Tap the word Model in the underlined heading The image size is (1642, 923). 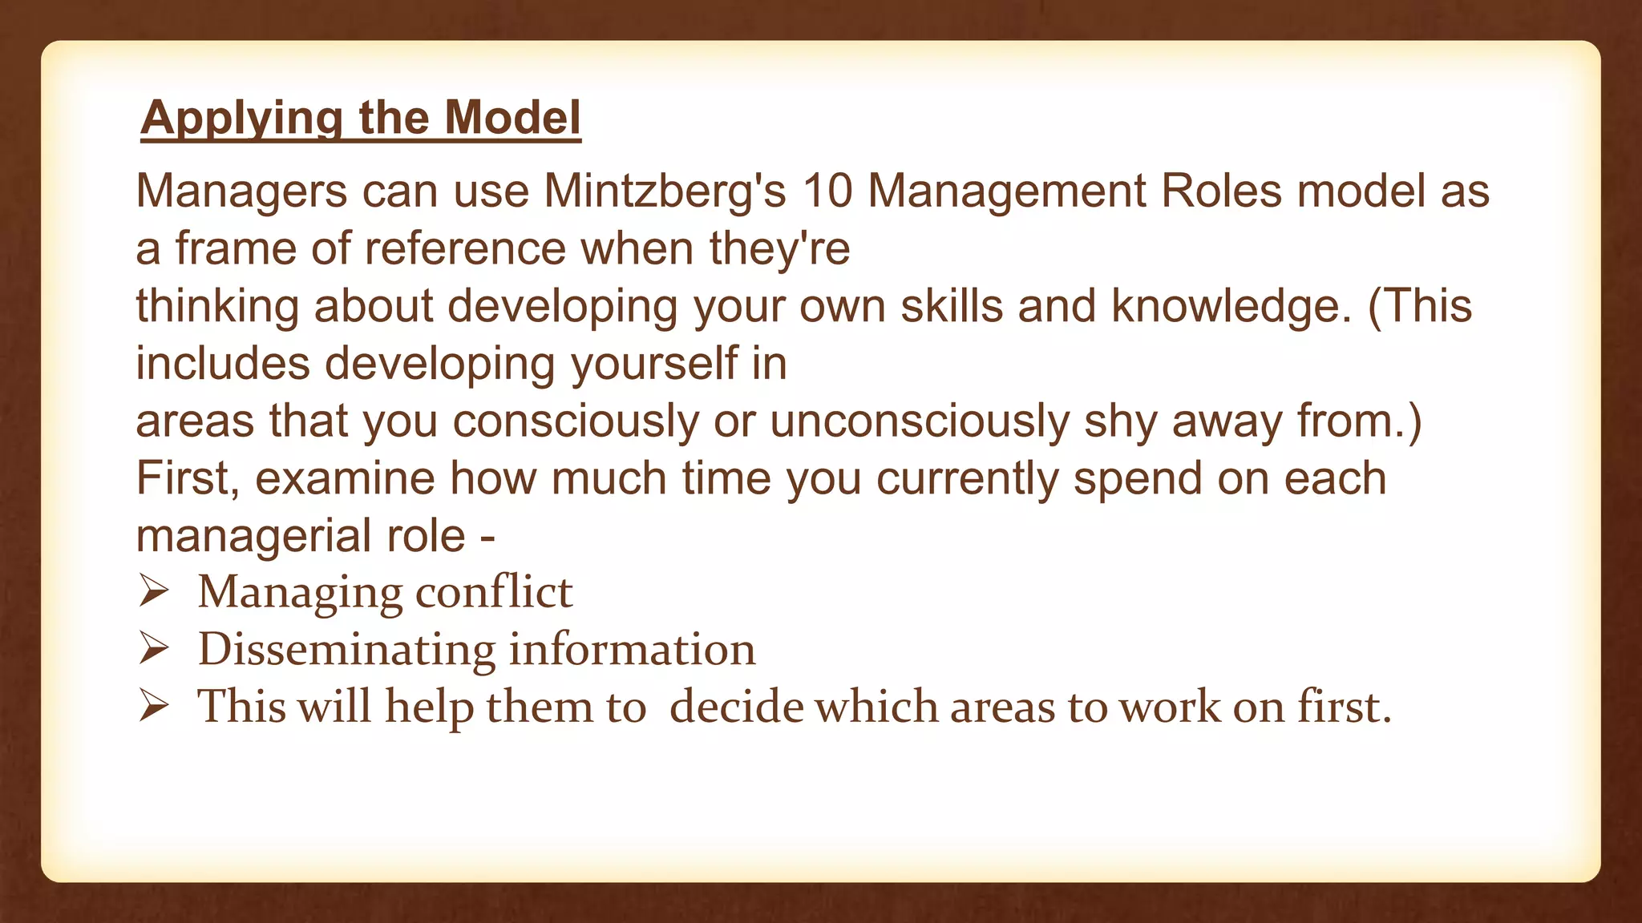pos(512,118)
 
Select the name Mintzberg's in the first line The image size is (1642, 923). pos(665,191)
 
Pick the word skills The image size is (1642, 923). pos(952,306)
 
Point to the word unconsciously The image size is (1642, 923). pos(919,421)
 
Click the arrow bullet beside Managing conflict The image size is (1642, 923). pos(152,592)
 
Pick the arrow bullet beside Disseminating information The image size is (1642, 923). pos(152,649)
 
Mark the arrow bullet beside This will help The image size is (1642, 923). pos(152,707)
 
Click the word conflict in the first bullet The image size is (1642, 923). pos(494,592)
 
